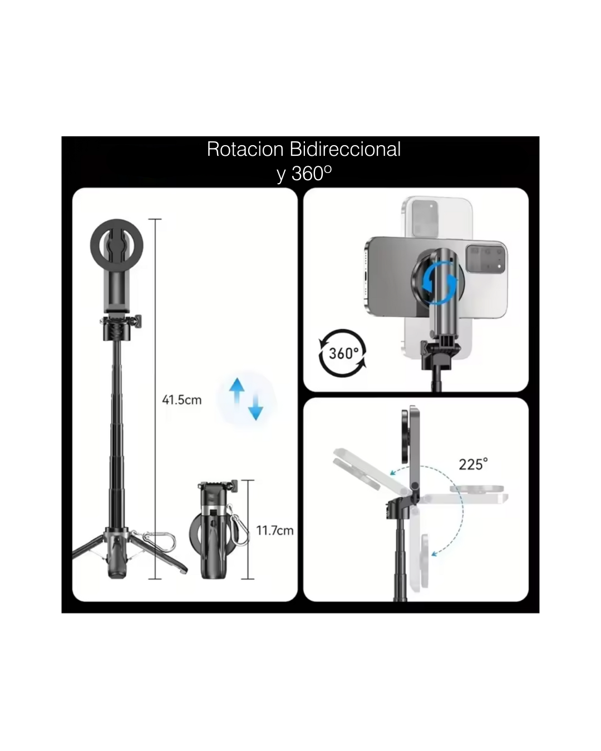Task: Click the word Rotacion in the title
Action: tap(245, 149)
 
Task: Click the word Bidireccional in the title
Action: tap(345, 149)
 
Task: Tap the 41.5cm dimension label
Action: tap(181, 400)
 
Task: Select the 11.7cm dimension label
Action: tap(274, 531)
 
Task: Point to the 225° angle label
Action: tap(473, 464)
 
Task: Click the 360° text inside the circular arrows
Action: tap(344, 353)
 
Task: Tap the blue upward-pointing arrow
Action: tap(237, 391)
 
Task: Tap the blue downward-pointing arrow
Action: tap(256, 407)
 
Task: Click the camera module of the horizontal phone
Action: tap(486, 259)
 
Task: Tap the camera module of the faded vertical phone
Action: tap(425, 218)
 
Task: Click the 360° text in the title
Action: tap(311, 173)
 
